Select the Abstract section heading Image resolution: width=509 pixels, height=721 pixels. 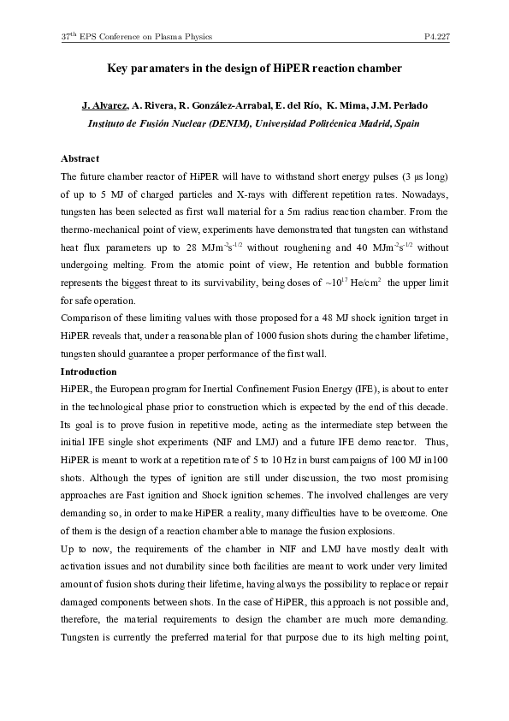click(x=80, y=158)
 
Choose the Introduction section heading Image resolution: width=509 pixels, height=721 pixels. click(x=89, y=372)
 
